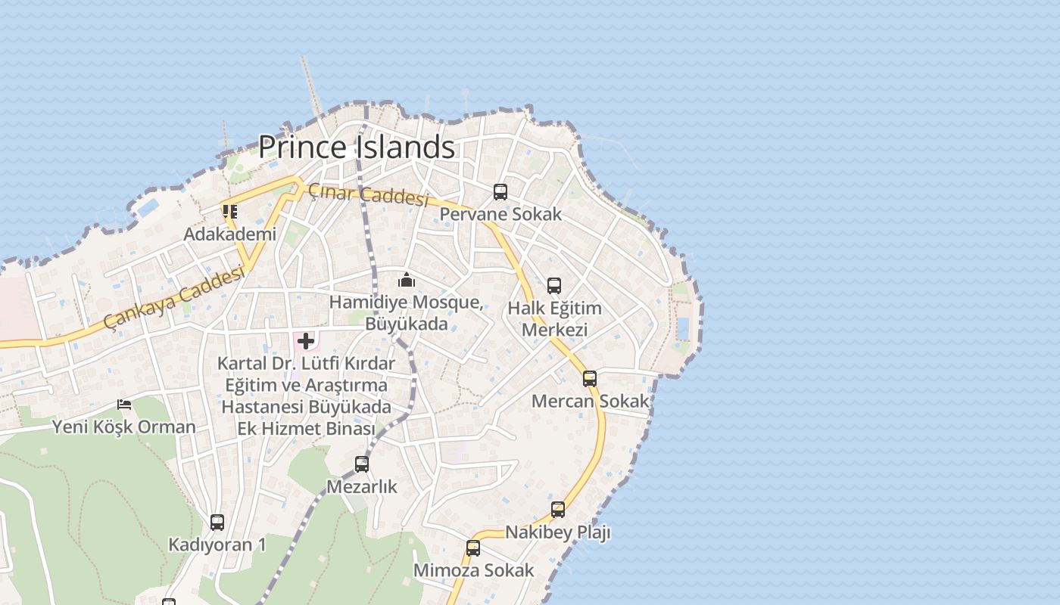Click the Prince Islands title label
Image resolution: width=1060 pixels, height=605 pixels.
[x=357, y=147]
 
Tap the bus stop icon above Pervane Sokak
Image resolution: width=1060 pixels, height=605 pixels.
[x=500, y=192]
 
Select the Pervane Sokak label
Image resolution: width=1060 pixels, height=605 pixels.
[x=500, y=214]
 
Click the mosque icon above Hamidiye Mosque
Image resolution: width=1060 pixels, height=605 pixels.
[x=407, y=281]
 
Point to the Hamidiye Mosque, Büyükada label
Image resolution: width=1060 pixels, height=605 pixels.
[x=407, y=313]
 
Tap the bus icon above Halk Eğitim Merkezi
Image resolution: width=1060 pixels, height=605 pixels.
[x=554, y=286]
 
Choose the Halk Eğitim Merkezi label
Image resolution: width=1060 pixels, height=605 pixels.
[x=554, y=319]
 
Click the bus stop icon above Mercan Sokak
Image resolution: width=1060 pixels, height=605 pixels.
[x=590, y=379]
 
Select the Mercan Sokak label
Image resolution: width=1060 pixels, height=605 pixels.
[x=590, y=401]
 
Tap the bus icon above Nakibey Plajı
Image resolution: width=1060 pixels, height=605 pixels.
[x=558, y=510]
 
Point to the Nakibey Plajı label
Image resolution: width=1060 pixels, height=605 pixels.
[x=558, y=532]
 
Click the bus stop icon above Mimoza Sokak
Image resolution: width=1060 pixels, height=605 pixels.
[x=473, y=548]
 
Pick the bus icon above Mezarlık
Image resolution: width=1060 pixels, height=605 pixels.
[x=362, y=464]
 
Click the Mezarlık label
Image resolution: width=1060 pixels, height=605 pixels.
[x=362, y=486]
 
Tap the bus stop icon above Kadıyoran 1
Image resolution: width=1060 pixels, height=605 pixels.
[x=217, y=522]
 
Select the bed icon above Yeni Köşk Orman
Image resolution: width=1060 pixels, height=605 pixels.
[x=124, y=405]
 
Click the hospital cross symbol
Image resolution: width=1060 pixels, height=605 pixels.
[x=306, y=341]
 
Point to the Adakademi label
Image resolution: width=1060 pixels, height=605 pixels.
[x=229, y=234]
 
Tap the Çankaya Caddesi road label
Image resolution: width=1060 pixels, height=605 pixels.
[x=174, y=299]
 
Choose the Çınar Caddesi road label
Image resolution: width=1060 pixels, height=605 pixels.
[x=369, y=195]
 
